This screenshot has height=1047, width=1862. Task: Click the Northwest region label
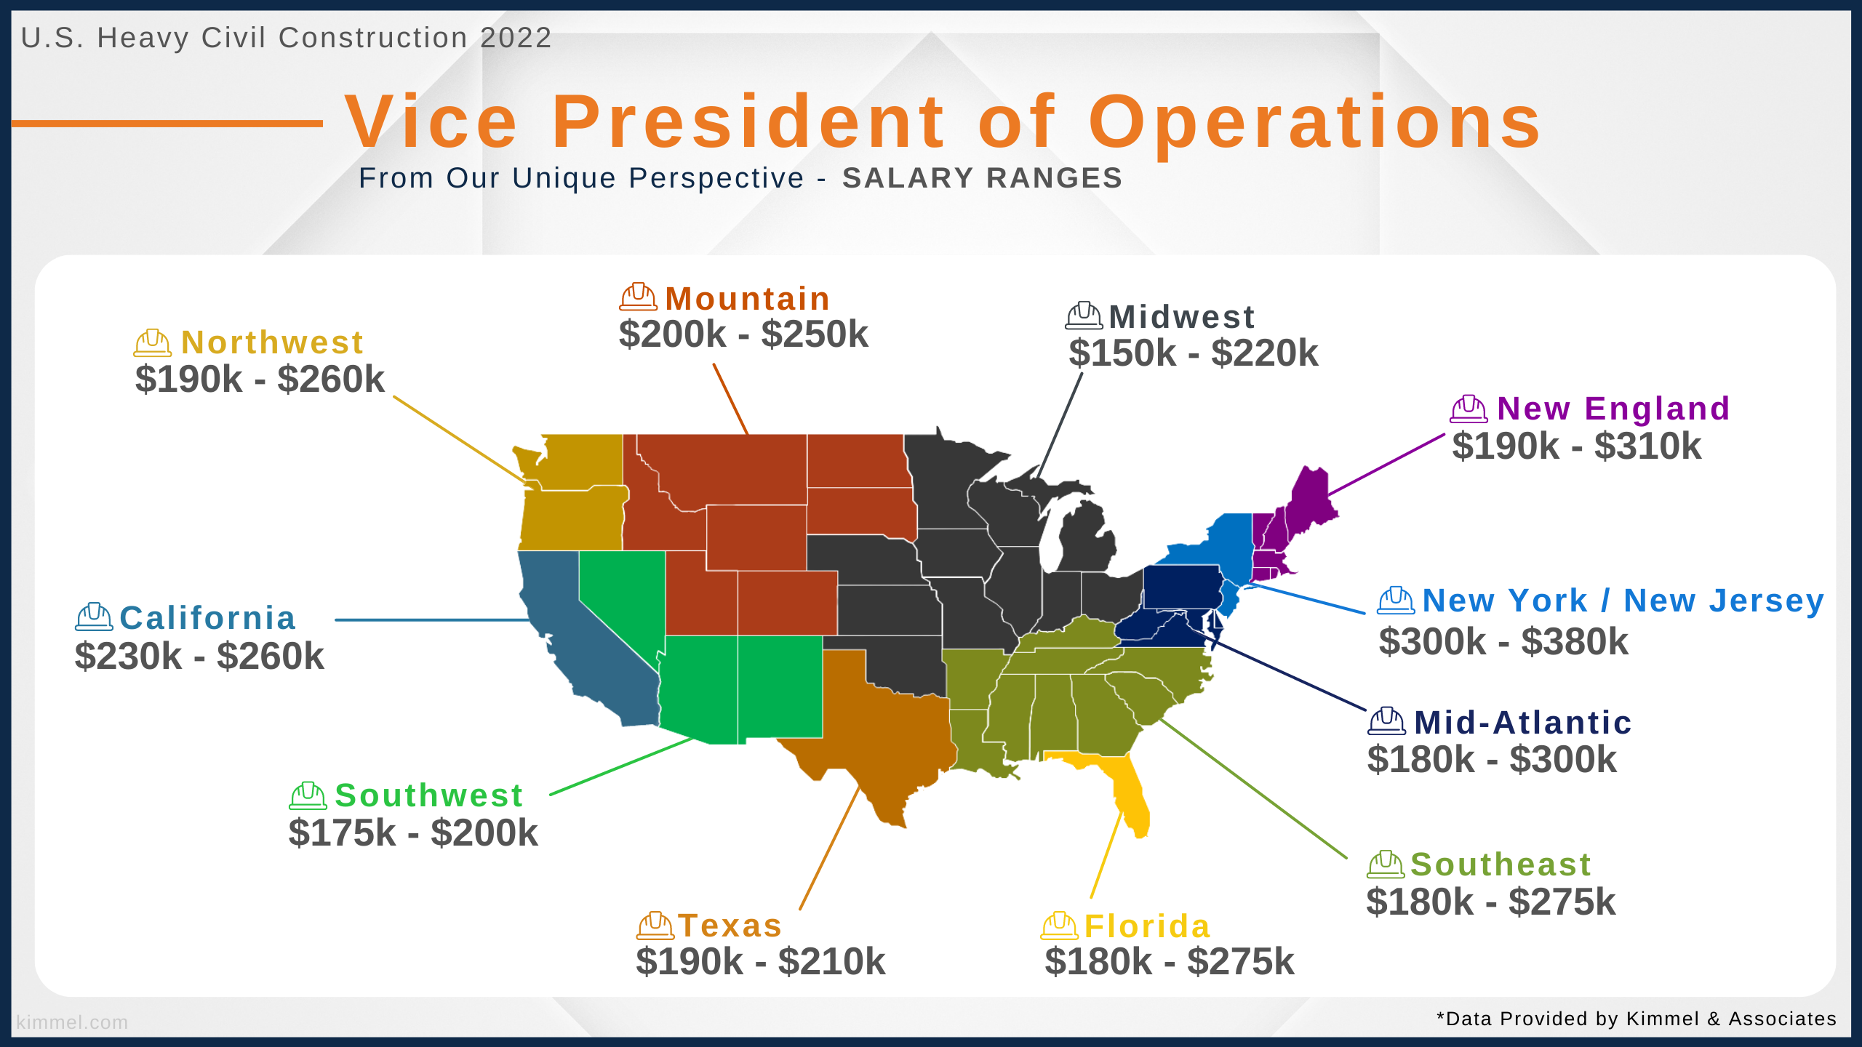pyautogui.click(x=272, y=342)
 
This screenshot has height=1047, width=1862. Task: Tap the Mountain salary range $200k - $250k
pyautogui.click(x=743, y=334)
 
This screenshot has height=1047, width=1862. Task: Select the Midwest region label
pyautogui.click(x=1182, y=317)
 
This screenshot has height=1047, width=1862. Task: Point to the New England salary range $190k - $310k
pyautogui.click(x=1577, y=446)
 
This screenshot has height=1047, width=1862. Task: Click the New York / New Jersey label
pyautogui.click(x=1623, y=601)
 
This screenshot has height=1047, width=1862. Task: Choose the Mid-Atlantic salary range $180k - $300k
pyautogui.click(x=1492, y=760)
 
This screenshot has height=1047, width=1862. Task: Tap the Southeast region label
pyautogui.click(x=1501, y=865)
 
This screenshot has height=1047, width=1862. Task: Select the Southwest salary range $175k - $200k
pyautogui.click(x=413, y=833)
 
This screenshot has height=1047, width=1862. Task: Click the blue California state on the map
pyautogui.click(x=582, y=640)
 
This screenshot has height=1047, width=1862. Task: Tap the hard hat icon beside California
pyautogui.click(x=94, y=617)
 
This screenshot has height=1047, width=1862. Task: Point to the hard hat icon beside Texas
pyautogui.click(x=655, y=926)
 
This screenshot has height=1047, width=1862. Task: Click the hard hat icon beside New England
pyautogui.click(x=1469, y=409)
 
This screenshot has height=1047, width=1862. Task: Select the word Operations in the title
pyautogui.click(x=1315, y=122)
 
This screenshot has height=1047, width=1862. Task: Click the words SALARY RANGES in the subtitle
pyautogui.click(x=983, y=178)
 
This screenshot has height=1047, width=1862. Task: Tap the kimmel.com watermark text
pyautogui.click(x=72, y=1022)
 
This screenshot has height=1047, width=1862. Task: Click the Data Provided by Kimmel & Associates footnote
pyautogui.click(x=1637, y=1019)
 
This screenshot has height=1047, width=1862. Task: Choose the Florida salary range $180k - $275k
pyautogui.click(x=1170, y=962)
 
